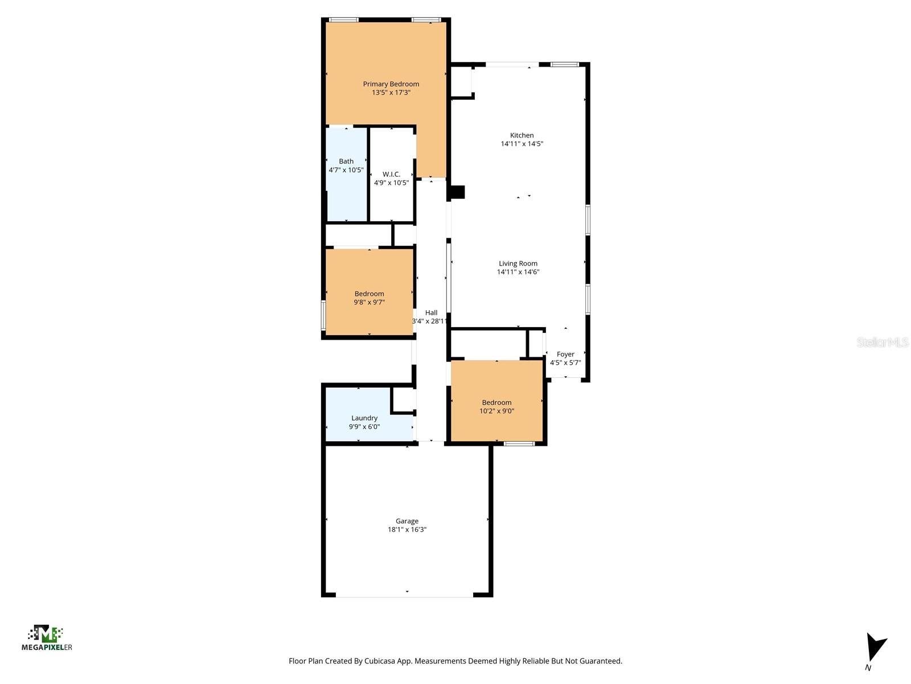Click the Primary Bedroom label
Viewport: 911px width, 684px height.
391,84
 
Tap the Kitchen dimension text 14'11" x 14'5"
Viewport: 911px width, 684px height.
522,144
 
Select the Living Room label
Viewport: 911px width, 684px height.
518,263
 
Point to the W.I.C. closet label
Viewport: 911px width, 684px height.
391,174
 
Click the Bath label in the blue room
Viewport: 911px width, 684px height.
346,161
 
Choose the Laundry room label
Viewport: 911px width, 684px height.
364,418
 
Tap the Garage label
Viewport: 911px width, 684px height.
407,521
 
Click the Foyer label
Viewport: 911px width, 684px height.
565,354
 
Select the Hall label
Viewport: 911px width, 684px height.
431,312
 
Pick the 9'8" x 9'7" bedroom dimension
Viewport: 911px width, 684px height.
370,303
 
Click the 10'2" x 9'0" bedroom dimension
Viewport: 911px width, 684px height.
497,411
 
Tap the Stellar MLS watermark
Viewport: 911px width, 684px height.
883,343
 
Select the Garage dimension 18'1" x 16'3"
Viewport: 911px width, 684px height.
407,530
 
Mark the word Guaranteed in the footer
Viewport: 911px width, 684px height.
601,661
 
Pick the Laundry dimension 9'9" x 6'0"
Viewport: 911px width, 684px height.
364,427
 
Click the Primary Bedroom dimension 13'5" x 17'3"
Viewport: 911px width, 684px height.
391,92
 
